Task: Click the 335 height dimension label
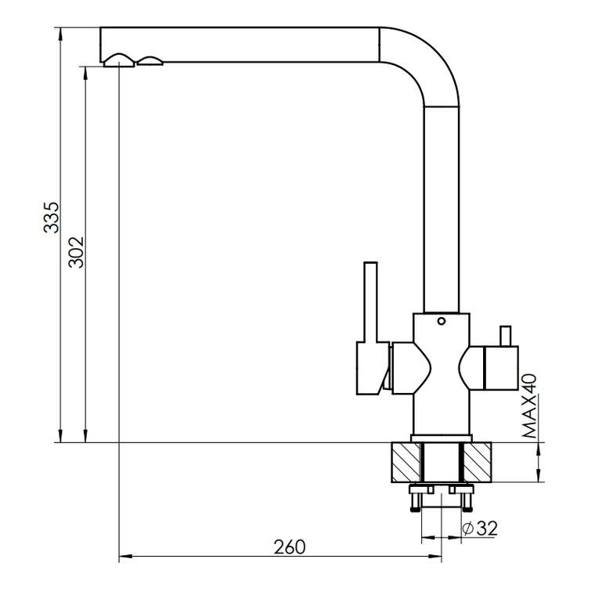[x=52, y=218]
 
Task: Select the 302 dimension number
[x=76, y=252]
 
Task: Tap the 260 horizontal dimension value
[x=290, y=546]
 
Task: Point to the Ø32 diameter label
[x=480, y=528]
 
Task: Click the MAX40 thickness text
[x=529, y=406]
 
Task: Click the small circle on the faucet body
[x=441, y=321]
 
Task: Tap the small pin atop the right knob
[x=505, y=336]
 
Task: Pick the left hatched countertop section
[x=406, y=462]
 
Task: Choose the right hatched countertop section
[x=477, y=462]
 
